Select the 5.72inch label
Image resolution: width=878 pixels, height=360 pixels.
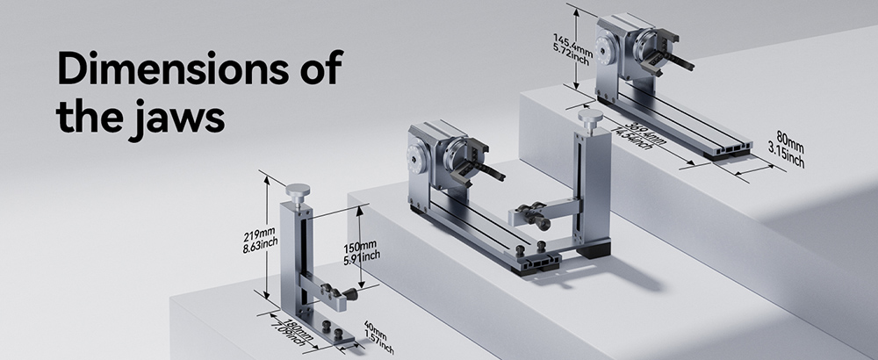pyautogui.click(x=573, y=52)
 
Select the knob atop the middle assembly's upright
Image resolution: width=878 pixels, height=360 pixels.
pyautogui.click(x=591, y=116)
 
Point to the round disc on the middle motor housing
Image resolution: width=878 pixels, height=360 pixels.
pyautogui.click(x=415, y=160)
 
